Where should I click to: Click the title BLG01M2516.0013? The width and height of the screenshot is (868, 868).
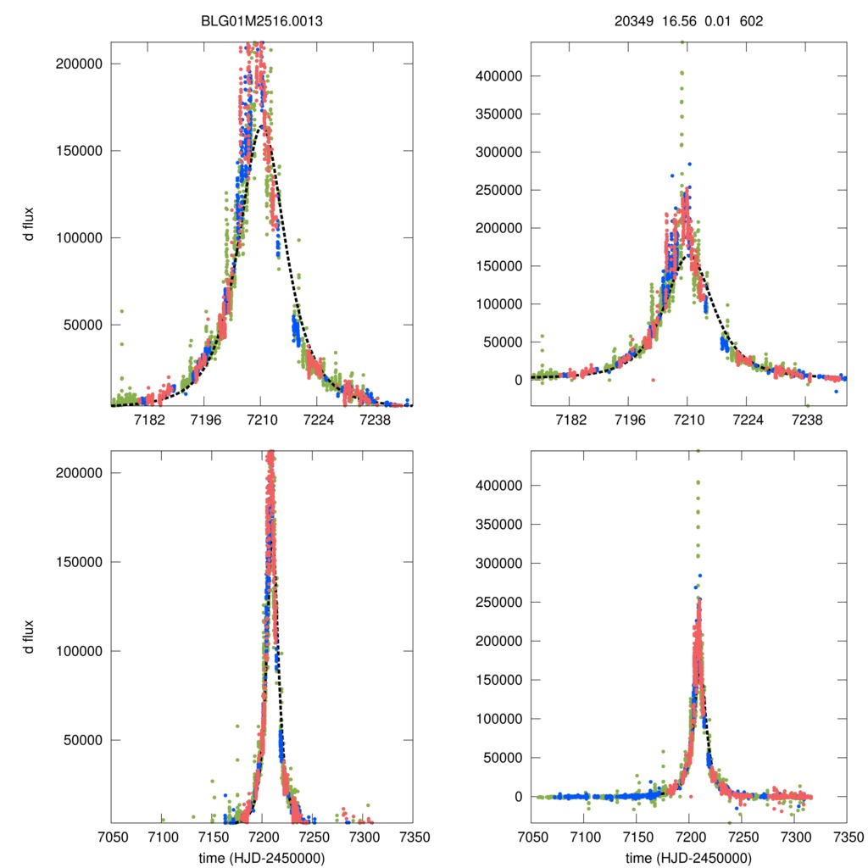262,20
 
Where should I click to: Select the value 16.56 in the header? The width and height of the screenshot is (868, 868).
676,20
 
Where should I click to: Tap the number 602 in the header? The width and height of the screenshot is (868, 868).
751,20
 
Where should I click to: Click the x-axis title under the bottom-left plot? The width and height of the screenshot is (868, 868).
262,858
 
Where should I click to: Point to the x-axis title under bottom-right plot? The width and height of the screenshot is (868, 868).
688,858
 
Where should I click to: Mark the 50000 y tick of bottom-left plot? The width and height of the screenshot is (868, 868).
83,740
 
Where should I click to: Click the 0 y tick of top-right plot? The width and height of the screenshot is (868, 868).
516,380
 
